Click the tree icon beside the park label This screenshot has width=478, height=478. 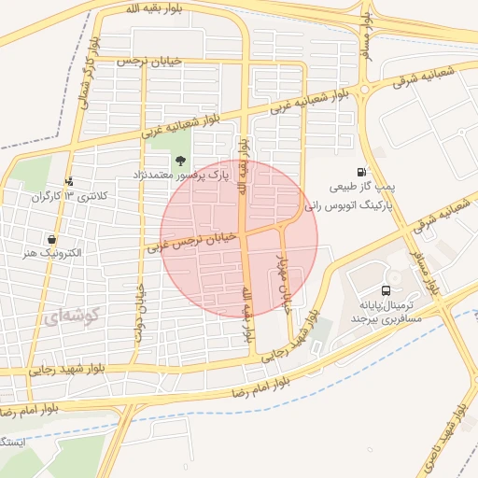[179, 161]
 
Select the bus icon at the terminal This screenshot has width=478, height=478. [387, 290]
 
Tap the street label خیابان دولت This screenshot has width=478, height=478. [141, 312]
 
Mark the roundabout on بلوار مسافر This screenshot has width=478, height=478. [364, 90]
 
